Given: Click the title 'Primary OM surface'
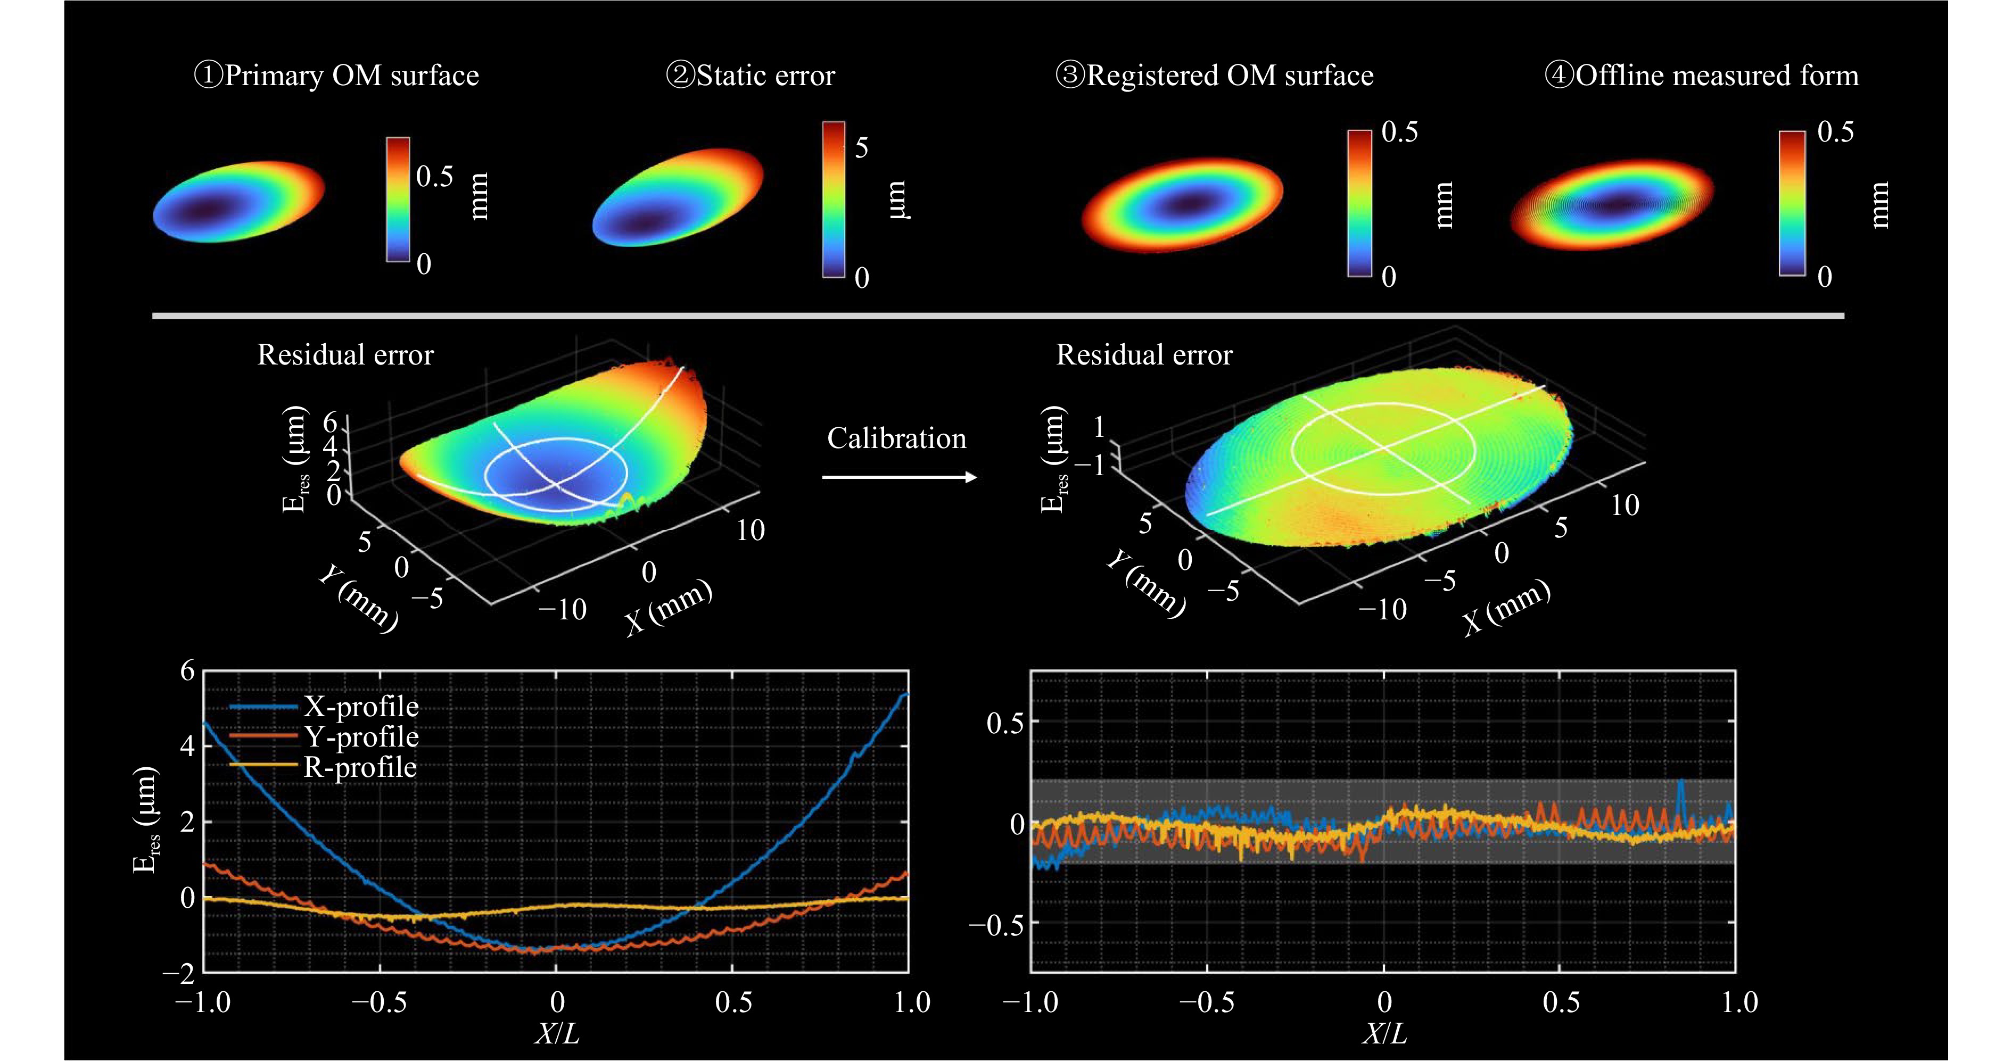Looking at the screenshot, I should [336, 76].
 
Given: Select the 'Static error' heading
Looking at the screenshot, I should [751, 76].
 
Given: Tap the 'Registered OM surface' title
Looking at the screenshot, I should [1215, 76].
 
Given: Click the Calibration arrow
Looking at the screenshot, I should [899, 477].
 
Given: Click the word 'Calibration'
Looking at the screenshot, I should [897, 439].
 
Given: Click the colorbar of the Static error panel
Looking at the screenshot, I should [834, 199].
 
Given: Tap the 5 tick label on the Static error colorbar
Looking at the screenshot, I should [862, 147].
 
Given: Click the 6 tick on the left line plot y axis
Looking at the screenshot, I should [187, 670].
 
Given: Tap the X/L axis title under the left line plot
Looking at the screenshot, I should [557, 1034].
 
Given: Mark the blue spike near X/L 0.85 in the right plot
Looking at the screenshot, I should [1680, 792].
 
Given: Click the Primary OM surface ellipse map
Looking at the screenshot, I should [238, 202].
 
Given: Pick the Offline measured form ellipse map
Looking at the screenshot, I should [1611, 204].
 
